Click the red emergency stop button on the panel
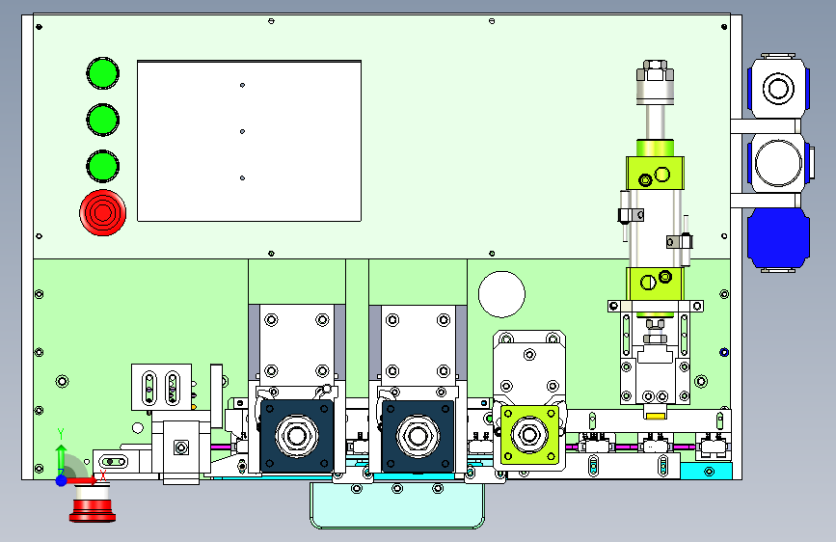(103, 212)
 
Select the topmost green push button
(103, 73)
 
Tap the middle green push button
(103, 120)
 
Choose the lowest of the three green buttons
(103, 166)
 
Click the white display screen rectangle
(249, 141)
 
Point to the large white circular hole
(501, 294)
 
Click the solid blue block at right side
(778, 239)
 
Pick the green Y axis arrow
(61, 456)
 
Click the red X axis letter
(103, 475)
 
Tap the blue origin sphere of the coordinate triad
(62, 480)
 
